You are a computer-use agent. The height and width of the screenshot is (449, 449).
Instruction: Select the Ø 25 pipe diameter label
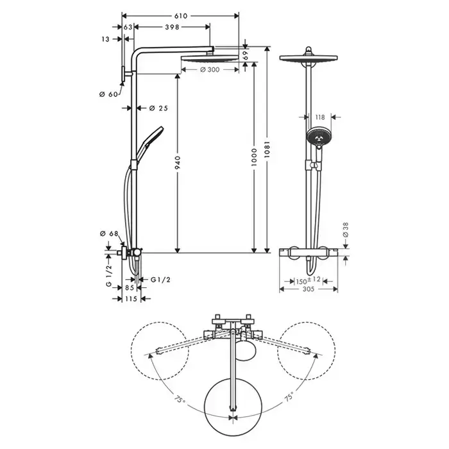pos(157,108)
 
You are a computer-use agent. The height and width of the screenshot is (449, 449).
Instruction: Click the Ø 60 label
pos(108,95)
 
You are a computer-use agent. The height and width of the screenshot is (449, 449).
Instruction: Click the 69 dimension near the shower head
pos(246,55)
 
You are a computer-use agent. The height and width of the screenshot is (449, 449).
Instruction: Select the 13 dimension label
pos(105,38)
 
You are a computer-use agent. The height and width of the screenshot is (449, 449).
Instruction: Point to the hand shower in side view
pos(151,137)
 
